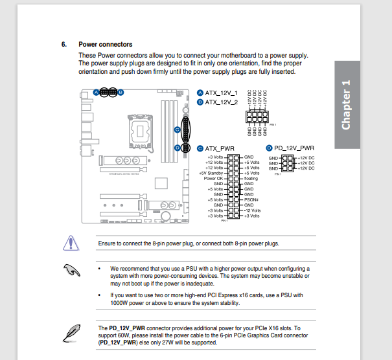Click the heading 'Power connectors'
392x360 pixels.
(x=106, y=45)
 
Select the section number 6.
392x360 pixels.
(x=64, y=45)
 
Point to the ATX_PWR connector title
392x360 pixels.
(x=220, y=148)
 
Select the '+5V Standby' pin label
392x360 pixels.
(x=211, y=173)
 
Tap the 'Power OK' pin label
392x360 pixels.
(x=213, y=178)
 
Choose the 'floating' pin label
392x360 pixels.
(x=251, y=178)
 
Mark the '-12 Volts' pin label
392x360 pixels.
(x=252, y=210)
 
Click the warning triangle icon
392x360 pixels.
(x=69, y=243)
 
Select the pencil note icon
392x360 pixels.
(x=69, y=332)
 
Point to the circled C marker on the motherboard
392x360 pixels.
(x=176, y=129)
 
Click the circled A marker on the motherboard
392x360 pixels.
(x=96, y=93)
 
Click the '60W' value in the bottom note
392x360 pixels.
(x=129, y=336)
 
